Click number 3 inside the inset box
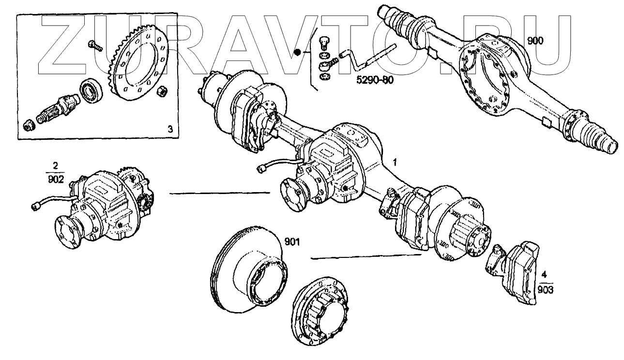(x=169, y=129)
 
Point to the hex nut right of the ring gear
(x=163, y=90)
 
